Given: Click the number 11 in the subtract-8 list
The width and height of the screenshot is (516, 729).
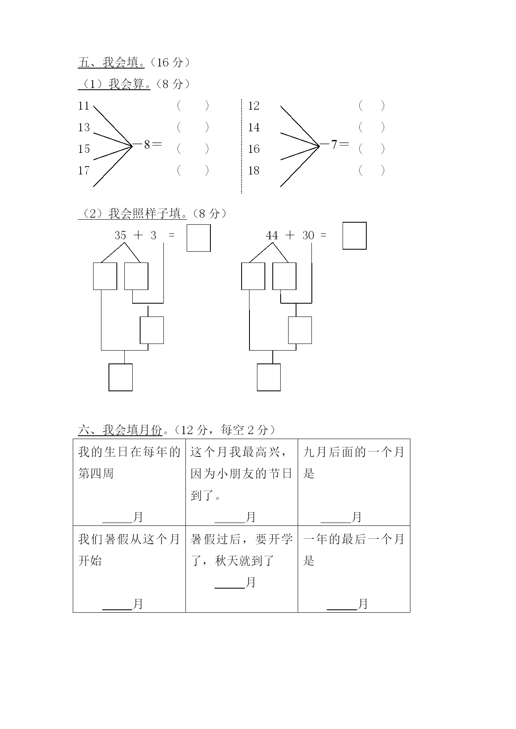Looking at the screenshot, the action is (84, 106).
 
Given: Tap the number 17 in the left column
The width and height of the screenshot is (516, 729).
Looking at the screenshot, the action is (84, 170).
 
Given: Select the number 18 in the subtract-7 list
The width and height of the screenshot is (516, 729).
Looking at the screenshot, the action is (254, 170).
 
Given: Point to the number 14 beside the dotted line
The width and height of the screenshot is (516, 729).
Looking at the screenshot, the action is (254, 128).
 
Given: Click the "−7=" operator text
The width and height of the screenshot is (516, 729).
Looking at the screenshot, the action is (334, 145).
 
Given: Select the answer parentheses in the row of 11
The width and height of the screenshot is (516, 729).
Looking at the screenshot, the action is (193, 106).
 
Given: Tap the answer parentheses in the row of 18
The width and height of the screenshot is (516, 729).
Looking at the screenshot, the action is (372, 170).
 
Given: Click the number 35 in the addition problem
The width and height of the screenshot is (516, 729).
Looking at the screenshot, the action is (120, 236).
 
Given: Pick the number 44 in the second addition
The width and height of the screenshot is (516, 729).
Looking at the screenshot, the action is (272, 236).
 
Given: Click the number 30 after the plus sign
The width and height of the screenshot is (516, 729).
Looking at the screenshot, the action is (308, 236).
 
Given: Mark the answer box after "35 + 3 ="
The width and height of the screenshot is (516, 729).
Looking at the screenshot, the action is (199, 238).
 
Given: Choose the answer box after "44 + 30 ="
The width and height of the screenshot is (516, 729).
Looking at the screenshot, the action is (355, 236).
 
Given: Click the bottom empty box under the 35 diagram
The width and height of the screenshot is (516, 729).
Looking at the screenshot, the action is (121, 377).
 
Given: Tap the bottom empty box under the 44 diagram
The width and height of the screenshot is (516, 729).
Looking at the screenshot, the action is (269, 377).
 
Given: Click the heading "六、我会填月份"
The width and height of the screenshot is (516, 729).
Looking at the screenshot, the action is (120, 430).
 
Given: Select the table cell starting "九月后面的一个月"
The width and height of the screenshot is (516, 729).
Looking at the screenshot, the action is (354, 482).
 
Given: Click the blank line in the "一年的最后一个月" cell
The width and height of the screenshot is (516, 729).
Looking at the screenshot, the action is (342, 609).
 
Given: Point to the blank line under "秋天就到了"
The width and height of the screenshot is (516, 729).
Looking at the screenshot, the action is (230, 588).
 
